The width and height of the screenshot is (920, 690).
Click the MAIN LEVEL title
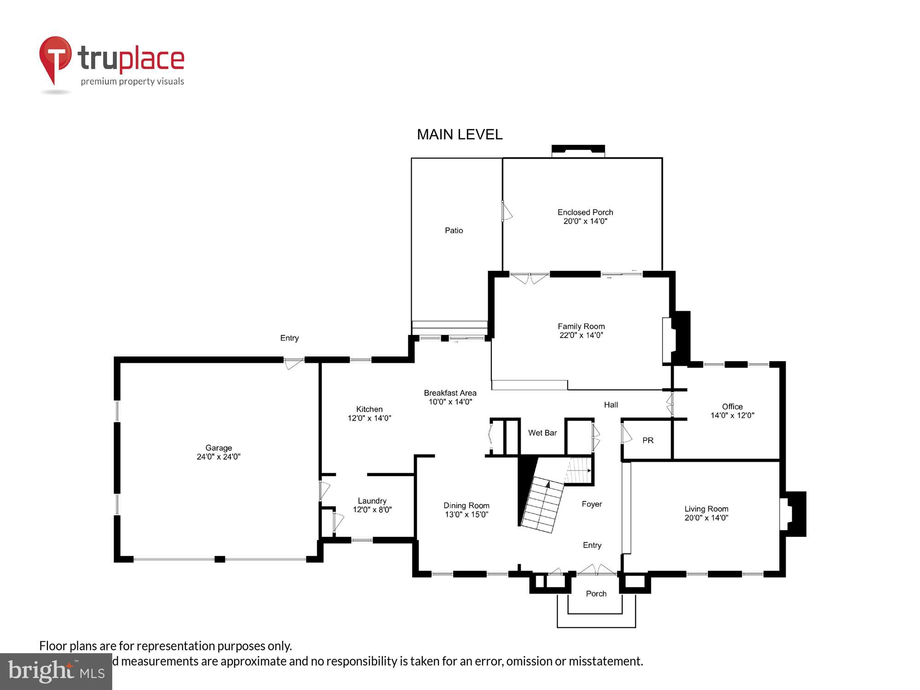(459, 135)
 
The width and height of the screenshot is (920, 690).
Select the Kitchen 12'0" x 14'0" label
(369, 414)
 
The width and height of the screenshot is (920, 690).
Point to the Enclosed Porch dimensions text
(585, 221)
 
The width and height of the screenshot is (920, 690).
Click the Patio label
(454, 230)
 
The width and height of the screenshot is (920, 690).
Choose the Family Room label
(581, 327)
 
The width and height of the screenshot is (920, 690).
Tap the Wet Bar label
(542, 433)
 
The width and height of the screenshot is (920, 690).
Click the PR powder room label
(648, 441)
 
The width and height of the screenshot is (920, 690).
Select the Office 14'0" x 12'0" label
(732, 411)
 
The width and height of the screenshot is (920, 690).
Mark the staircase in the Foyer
(543, 504)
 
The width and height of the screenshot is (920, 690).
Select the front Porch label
(596, 594)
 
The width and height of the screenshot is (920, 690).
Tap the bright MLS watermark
(56, 672)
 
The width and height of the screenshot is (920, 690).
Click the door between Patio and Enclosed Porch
(506, 212)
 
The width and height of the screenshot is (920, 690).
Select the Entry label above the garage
(289, 338)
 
